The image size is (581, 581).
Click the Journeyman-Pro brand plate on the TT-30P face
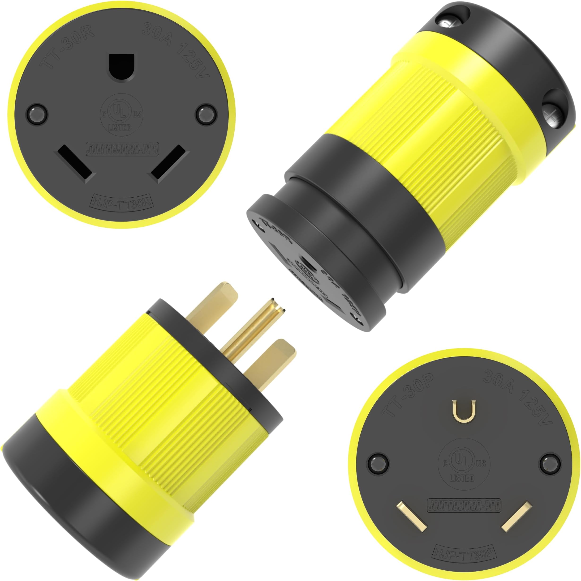[x=464, y=505]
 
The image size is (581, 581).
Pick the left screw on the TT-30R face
[x=37, y=114]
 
